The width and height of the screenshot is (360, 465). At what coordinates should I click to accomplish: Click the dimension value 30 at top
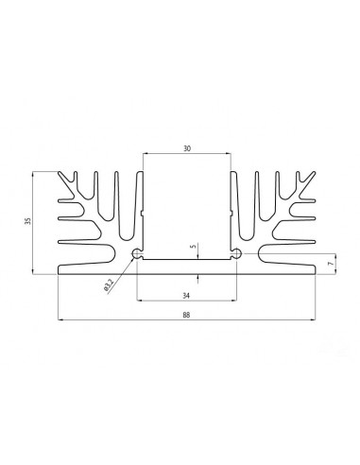point(187,148)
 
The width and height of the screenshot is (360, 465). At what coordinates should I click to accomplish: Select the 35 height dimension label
point(28,221)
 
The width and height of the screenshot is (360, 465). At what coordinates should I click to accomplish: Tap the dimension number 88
point(186,315)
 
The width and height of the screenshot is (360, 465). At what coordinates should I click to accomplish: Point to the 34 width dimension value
point(186,296)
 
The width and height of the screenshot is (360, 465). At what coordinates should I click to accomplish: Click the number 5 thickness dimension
point(194,246)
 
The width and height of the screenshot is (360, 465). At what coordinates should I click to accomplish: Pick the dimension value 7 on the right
point(331,264)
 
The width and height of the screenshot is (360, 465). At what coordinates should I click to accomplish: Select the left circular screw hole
point(137,253)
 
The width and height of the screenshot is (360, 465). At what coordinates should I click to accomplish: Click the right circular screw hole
point(236,253)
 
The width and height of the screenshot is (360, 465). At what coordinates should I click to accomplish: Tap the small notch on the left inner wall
point(142,214)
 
